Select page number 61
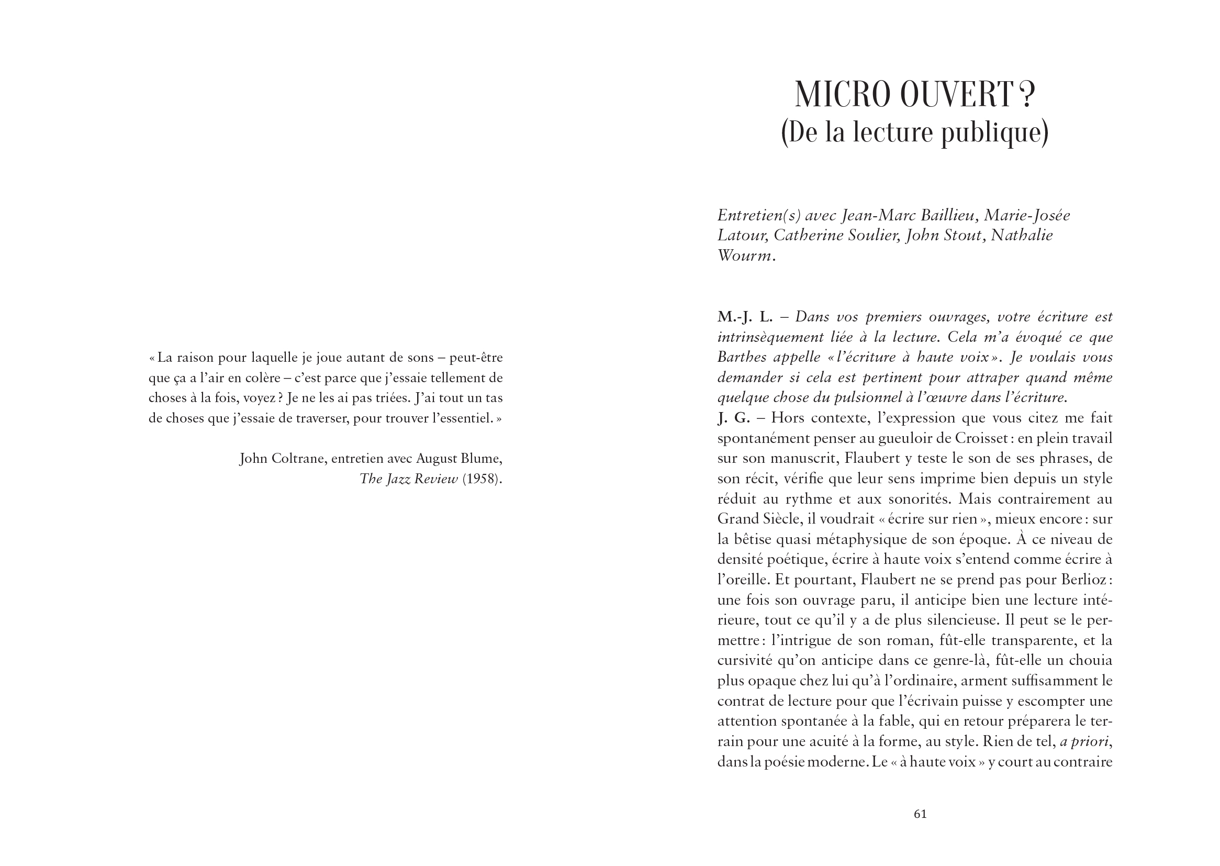pyautogui.click(x=921, y=814)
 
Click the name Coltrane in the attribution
pyautogui.click(x=298, y=459)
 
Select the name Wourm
pyautogui.click(x=744, y=256)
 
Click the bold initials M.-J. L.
pyautogui.click(x=745, y=317)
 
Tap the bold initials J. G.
pyautogui.click(x=733, y=418)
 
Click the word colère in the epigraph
pyautogui.click(x=258, y=378)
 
